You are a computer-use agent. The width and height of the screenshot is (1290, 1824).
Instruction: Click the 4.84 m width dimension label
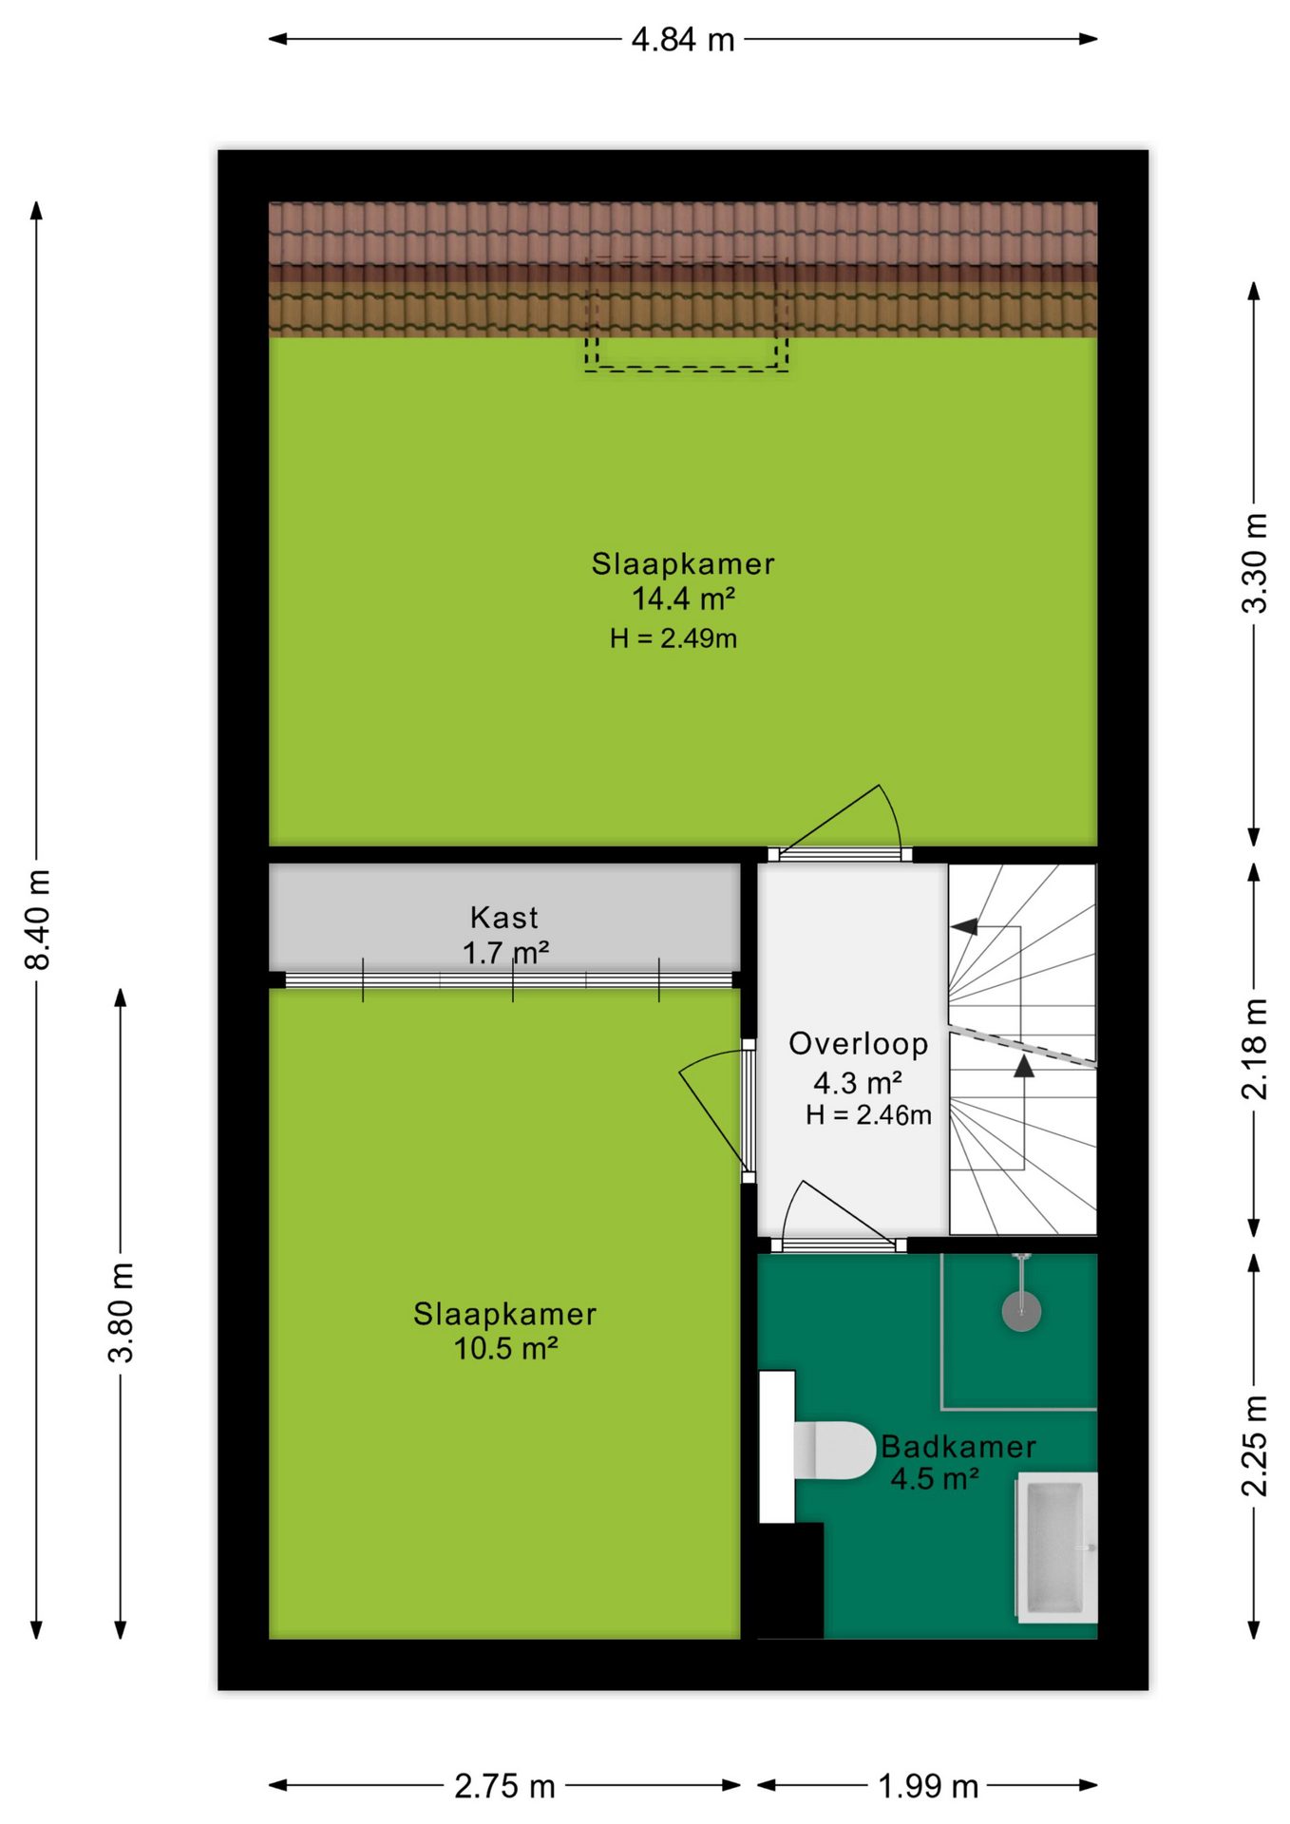click(683, 40)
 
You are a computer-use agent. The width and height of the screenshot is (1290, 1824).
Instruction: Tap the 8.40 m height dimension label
click(38, 919)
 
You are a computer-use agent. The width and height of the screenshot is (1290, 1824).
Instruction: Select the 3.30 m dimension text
click(1255, 562)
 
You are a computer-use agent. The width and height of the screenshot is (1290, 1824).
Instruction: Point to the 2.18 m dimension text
click(1255, 1049)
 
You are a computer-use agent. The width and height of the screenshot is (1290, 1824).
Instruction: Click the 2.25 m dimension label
click(1255, 1445)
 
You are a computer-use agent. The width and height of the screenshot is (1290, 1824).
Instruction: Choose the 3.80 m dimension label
click(122, 1312)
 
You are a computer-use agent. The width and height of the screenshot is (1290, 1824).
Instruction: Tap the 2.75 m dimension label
click(504, 1787)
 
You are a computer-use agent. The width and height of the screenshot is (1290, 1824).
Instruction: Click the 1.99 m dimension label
click(928, 1787)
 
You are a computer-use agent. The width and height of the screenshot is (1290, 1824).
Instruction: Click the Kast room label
click(504, 918)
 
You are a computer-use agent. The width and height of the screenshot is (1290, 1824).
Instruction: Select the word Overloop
click(859, 1044)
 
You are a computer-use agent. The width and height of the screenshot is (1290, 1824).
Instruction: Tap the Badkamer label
click(958, 1447)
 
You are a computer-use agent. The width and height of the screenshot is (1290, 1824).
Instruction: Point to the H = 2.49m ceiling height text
click(673, 638)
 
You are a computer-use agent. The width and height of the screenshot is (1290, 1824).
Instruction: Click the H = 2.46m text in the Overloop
click(868, 1115)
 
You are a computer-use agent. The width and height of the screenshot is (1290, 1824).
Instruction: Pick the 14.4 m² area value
click(684, 598)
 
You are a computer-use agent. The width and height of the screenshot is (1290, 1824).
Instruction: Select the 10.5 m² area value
click(505, 1348)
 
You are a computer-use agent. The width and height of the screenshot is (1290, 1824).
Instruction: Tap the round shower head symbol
click(1021, 1312)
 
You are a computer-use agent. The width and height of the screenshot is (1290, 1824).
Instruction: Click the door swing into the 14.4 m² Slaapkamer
click(842, 822)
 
